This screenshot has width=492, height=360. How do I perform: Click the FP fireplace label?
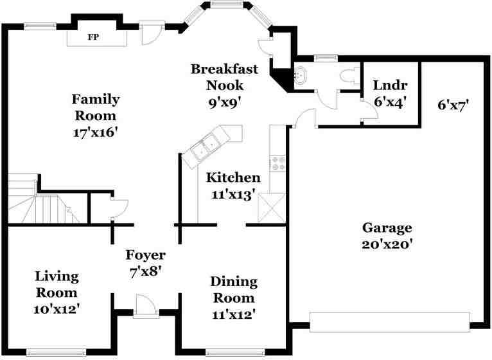94,37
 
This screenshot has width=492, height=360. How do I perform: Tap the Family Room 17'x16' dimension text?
96,132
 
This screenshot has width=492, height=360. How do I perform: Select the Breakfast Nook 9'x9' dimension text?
225,102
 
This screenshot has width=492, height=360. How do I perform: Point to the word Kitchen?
233,178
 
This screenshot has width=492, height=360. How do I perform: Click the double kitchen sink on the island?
205,147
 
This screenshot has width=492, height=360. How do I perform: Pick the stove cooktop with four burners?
278,163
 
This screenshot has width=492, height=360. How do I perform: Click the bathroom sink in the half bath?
301,76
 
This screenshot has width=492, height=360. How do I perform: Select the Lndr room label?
391,85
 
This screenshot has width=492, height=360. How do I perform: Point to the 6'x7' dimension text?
453,105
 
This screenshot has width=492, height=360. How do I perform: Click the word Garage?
387,228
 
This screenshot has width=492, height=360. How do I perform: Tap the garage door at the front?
390,322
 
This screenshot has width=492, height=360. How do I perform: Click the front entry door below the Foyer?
146,307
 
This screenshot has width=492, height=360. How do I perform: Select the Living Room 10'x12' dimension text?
57,309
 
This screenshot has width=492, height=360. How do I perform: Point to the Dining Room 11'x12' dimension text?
234,314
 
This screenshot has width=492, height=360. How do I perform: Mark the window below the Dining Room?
235,352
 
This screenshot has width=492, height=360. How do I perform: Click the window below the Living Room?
56,352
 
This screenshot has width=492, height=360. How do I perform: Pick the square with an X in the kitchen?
272,208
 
